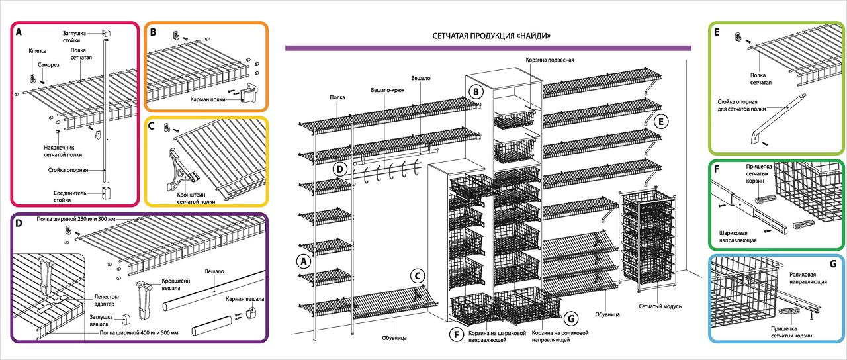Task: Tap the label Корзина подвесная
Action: click(x=550, y=60)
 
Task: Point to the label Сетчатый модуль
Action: click(x=660, y=306)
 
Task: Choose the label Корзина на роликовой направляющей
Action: click(x=560, y=336)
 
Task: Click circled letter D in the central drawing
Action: click(x=339, y=169)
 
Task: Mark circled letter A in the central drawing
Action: click(x=304, y=261)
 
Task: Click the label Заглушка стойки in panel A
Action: click(x=75, y=36)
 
